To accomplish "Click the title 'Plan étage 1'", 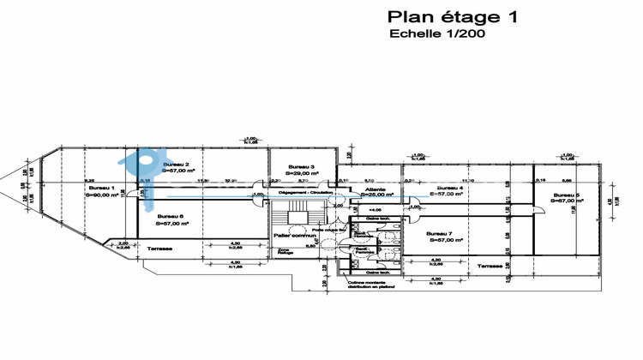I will (453, 16).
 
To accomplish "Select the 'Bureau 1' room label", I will (102, 187).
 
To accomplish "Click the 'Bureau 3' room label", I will (301, 166).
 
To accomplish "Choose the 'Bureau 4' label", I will (449, 187).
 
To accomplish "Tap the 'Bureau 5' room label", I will (566, 195).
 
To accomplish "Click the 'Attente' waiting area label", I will (376, 188).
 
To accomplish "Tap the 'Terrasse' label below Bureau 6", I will (158, 249).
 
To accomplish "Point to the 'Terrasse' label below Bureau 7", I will (490, 267).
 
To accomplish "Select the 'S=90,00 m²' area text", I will (102, 195).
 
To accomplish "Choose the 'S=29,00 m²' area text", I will (301, 173).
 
